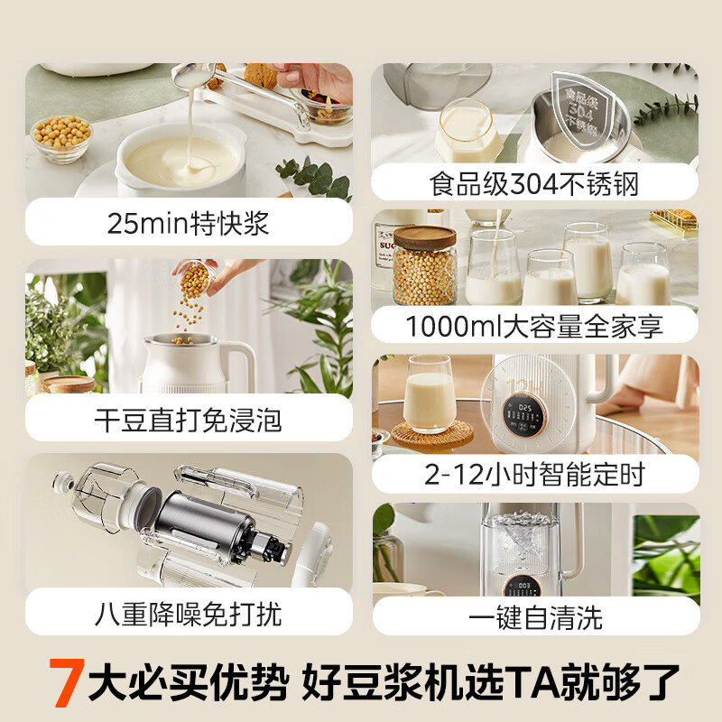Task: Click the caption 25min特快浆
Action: tap(188, 223)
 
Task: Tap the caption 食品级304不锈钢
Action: tap(534, 185)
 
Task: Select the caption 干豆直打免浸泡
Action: tap(188, 420)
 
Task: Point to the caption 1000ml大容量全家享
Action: tap(534, 326)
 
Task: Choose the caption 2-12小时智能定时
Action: tap(534, 474)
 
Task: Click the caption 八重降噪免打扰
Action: tap(188, 615)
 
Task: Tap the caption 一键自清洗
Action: tap(534, 617)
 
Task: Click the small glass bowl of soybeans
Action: tap(61, 137)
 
